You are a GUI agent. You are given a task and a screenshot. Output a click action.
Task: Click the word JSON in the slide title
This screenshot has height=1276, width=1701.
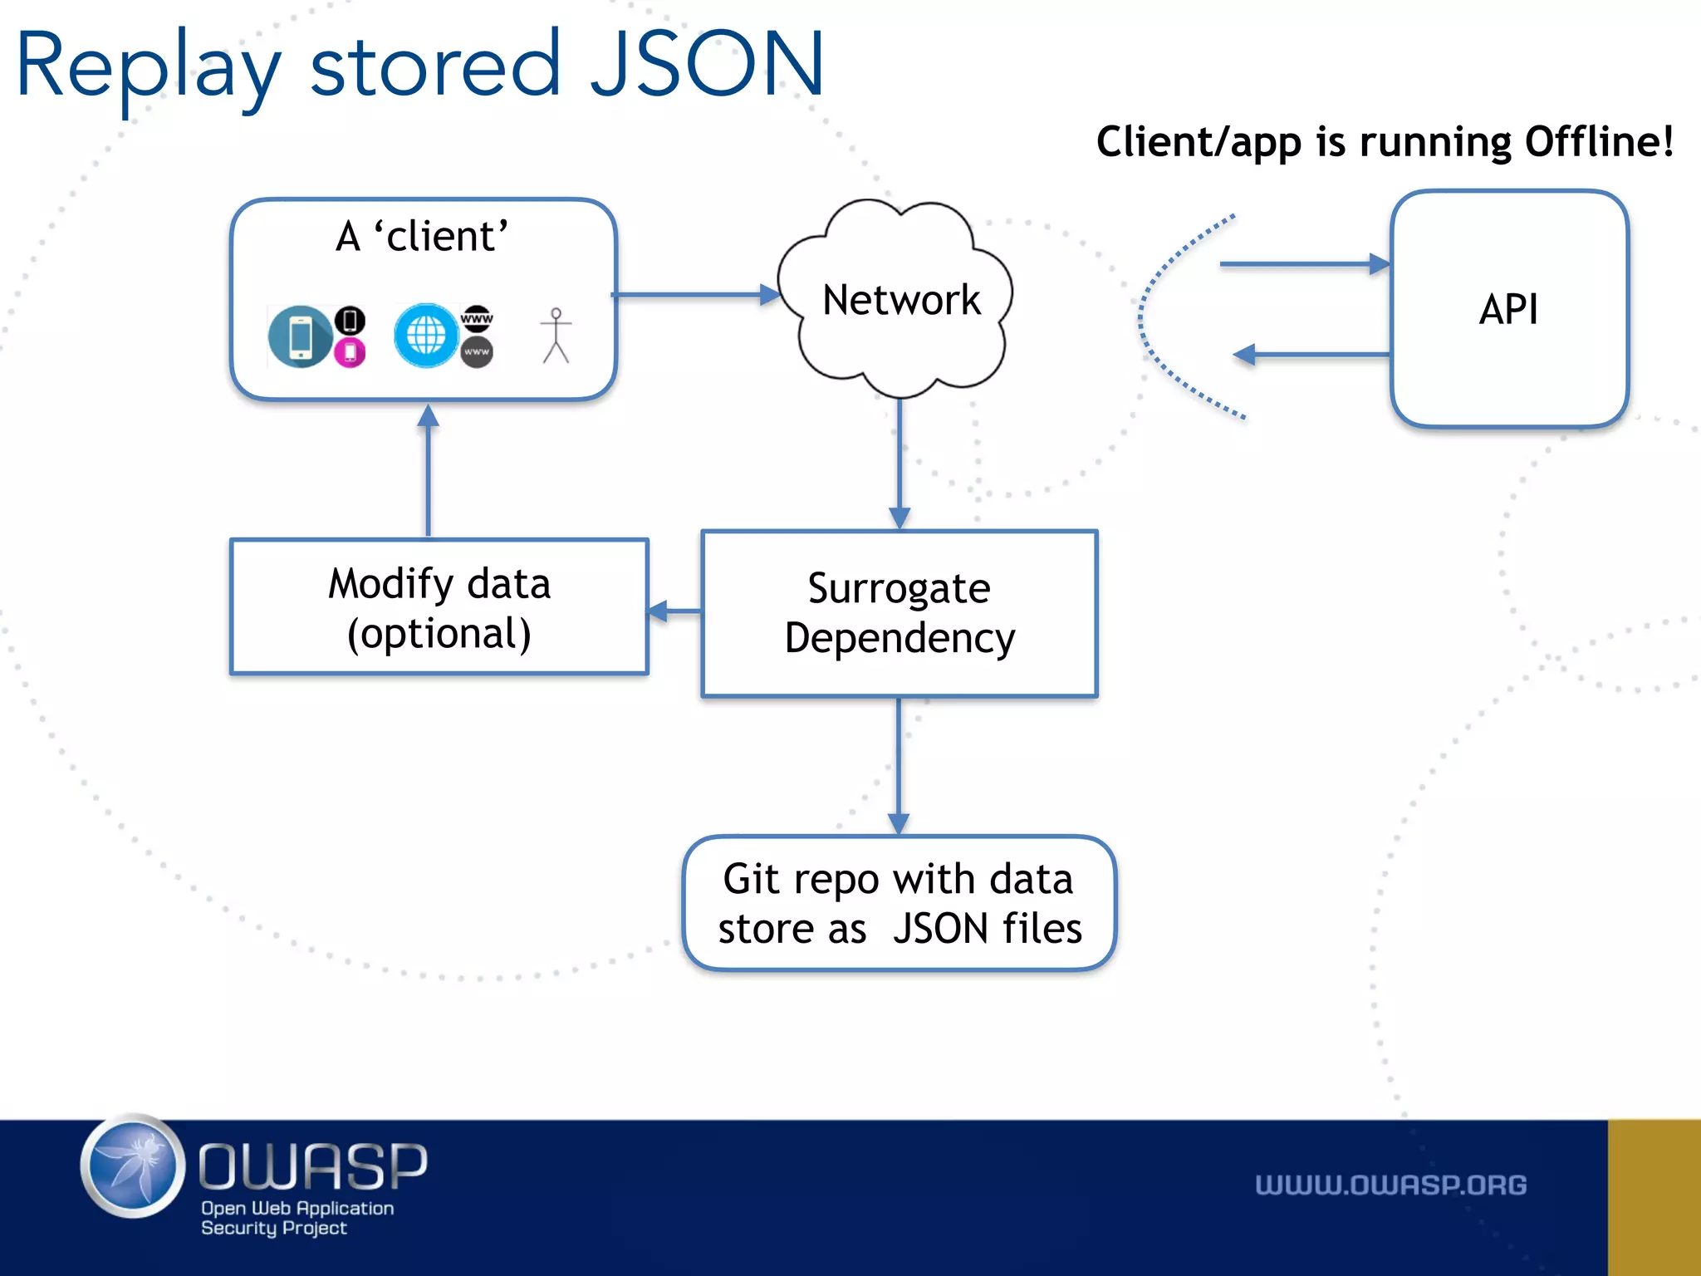(x=706, y=65)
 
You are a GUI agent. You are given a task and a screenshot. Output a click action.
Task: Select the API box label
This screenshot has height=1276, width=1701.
(x=1508, y=310)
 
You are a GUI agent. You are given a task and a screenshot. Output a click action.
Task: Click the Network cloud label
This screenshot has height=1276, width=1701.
(x=901, y=300)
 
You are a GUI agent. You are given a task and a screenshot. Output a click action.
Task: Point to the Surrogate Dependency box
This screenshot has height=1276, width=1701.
(x=900, y=613)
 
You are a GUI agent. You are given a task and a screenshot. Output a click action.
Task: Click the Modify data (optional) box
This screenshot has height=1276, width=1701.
(x=439, y=607)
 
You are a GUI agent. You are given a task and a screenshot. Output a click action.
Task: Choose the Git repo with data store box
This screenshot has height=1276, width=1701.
(x=900, y=903)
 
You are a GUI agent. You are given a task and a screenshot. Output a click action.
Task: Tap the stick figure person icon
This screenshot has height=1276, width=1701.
(x=556, y=336)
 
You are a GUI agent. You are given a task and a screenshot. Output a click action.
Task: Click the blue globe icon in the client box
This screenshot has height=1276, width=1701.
(x=426, y=336)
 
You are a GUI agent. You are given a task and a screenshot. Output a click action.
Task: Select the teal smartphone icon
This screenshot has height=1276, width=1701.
(x=300, y=336)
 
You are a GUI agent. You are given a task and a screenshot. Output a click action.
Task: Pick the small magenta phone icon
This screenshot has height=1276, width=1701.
(x=350, y=353)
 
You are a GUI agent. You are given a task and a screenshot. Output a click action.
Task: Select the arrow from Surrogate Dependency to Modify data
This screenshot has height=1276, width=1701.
(x=674, y=612)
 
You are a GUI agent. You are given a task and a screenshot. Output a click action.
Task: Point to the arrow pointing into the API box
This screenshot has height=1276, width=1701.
(x=1304, y=264)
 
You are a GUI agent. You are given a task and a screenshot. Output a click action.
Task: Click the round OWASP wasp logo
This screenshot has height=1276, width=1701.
(x=133, y=1167)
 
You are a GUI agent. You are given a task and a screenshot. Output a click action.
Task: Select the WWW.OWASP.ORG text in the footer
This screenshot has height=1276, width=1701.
(x=1390, y=1185)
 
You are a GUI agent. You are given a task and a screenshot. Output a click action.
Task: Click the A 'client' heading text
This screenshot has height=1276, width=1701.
(x=422, y=237)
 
